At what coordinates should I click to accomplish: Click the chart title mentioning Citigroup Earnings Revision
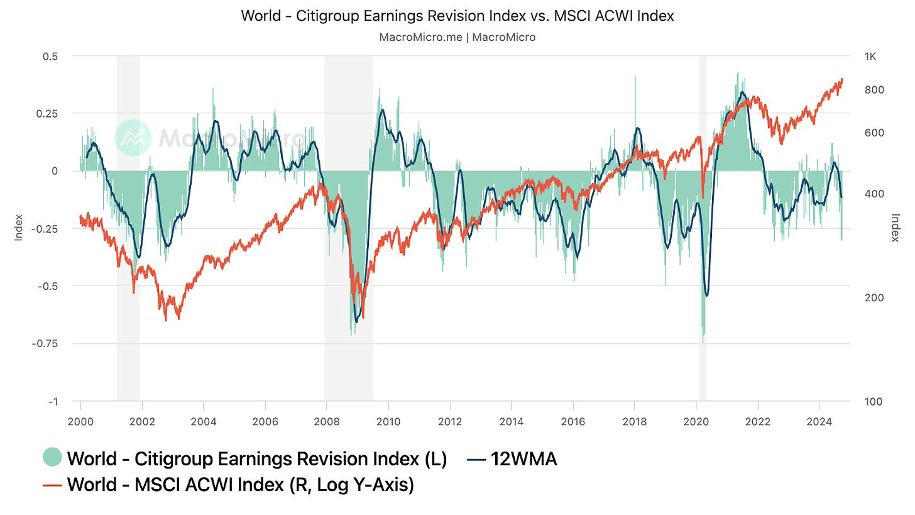point(457,16)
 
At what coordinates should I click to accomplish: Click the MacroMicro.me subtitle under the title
point(457,37)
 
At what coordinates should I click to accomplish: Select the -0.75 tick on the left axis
point(47,344)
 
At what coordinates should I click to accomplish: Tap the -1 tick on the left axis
point(53,402)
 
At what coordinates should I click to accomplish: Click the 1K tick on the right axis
point(870,57)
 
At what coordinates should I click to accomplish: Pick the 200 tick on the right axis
point(874,297)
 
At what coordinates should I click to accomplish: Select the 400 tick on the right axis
point(874,194)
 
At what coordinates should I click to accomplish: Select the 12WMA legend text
point(523,459)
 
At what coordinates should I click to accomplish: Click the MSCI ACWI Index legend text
point(240,485)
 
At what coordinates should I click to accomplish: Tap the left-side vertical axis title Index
point(19,228)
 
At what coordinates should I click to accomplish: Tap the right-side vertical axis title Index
point(896,228)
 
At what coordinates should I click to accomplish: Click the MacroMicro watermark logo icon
point(133,138)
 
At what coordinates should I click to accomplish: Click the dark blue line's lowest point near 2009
point(356,322)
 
